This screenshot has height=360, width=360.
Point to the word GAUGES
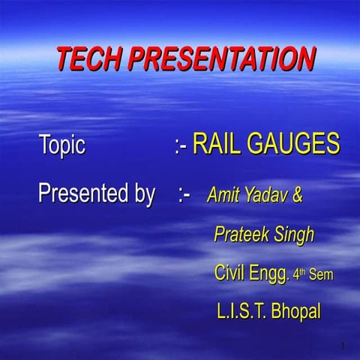[298, 144]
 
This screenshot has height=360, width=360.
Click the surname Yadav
[266, 196]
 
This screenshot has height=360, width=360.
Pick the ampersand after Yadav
[298, 196]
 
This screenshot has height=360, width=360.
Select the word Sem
[320, 274]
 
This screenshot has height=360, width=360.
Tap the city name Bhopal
[295, 311]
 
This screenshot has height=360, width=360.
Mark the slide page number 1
[342, 346]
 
